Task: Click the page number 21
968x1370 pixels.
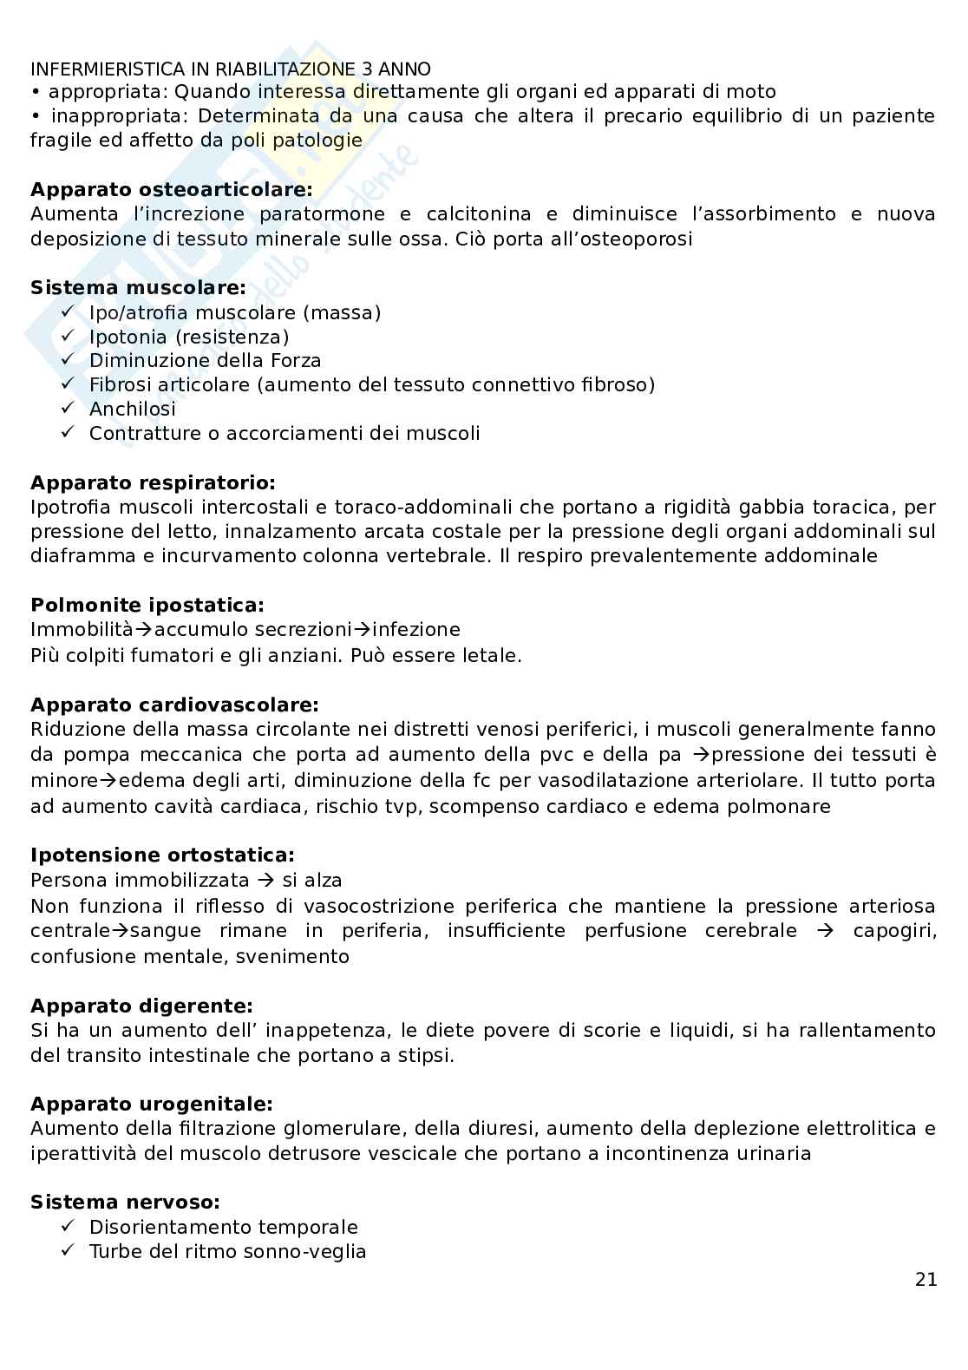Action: pyautogui.click(x=925, y=1279)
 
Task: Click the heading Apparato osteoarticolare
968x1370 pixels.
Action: pyautogui.click(x=171, y=189)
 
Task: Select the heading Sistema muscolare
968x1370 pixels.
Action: pyautogui.click(x=138, y=287)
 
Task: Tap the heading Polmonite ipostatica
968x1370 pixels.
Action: pyautogui.click(x=147, y=605)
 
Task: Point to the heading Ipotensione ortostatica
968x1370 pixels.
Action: pyautogui.click(x=162, y=855)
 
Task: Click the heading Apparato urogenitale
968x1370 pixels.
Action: pyautogui.click(x=151, y=1104)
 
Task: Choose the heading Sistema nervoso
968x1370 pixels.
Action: pyautogui.click(x=125, y=1202)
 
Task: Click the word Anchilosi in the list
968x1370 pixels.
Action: pyautogui.click(x=132, y=409)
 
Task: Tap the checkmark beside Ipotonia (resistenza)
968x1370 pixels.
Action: pyautogui.click(x=69, y=336)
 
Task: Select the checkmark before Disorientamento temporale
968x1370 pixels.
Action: pyautogui.click(x=69, y=1226)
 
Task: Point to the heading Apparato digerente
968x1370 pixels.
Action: pyautogui.click(x=141, y=1006)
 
